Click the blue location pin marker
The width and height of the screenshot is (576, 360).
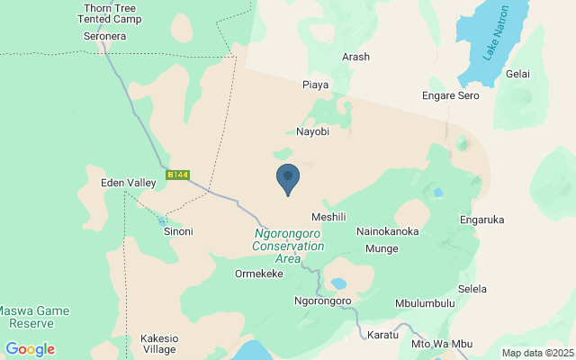tap(288, 178)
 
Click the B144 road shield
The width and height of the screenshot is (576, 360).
tap(178, 175)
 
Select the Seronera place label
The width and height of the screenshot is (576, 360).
tap(104, 36)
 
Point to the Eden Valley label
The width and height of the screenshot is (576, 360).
tap(129, 183)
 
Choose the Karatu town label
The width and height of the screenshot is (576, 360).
tap(383, 335)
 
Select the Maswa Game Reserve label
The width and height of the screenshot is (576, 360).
tap(33, 315)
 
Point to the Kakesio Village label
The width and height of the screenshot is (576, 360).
tap(159, 344)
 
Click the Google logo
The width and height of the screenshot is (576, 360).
tap(30, 349)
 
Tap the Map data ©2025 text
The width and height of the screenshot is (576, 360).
tap(537, 353)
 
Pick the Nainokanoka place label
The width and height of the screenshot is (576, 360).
tap(388, 231)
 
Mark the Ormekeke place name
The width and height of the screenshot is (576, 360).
tap(259, 274)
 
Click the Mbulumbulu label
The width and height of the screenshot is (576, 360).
tap(425, 303)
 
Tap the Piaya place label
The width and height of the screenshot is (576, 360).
tap(315, 85)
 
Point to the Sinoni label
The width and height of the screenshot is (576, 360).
tap(177, 231)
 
